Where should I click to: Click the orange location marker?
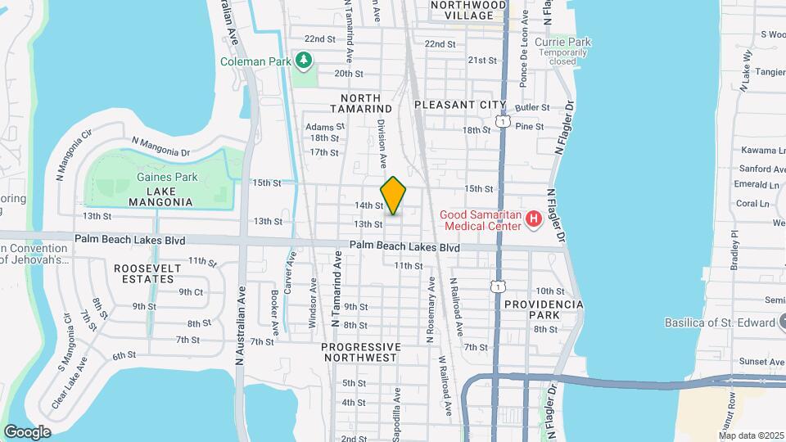tap(394, 195)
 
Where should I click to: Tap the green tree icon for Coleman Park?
tap(305, 60)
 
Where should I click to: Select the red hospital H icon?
tap(534, 219)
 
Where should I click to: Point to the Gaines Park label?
tap(156, 177)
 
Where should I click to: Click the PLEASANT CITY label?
tap(460, 105)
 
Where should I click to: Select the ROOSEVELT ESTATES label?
tap(144, 273)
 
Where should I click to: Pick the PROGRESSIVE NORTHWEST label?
tap(361, 352)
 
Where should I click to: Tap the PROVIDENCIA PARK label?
tap(543, 309)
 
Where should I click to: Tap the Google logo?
tap(27, 431)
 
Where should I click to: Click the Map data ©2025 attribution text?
tap(752, 435)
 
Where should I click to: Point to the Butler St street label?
tap(532, 107)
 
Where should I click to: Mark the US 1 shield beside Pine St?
tap(503, 122)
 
